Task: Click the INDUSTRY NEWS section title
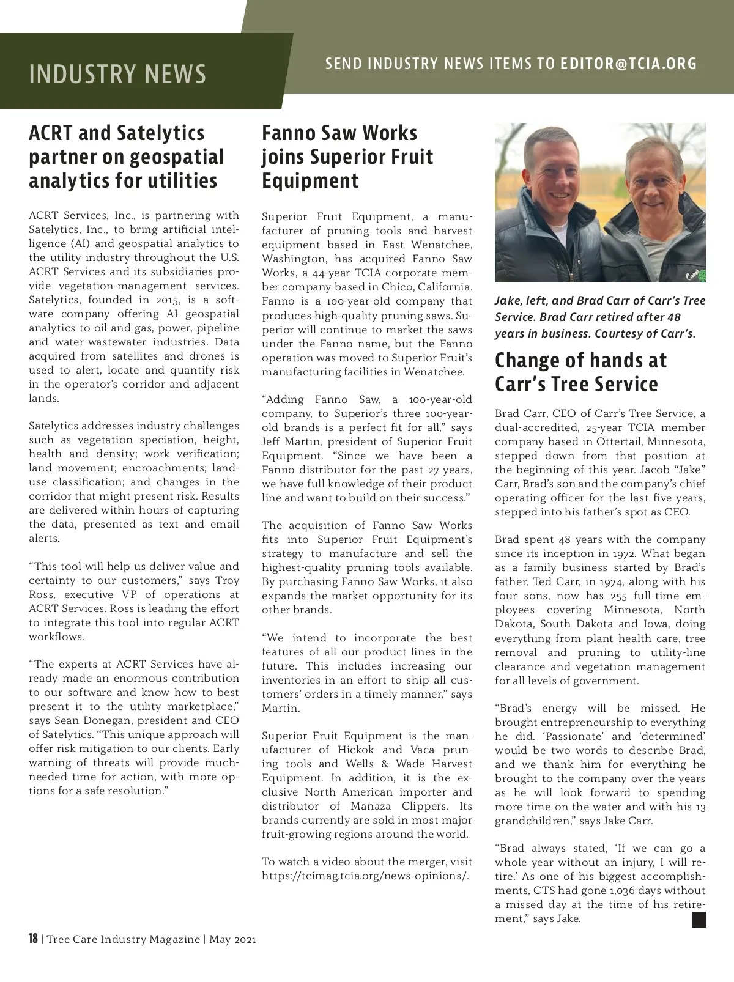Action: click(x=117, y=74)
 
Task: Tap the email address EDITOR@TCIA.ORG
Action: click(x=628, y=64)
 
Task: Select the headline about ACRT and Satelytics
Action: click(x=127, y=157)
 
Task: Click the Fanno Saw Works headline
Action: click(x=347, y=157)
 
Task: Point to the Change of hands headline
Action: click(x=580, y=372)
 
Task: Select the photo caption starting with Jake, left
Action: click(x=600, y=317)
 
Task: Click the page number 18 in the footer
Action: click(x=34, y=939)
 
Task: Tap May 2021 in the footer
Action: click(x=232, y=939)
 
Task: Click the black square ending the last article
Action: click(x=699, y=920)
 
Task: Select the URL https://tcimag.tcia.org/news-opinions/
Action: click(x=365, y=876)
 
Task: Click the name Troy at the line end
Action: click(x=227, y=580)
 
